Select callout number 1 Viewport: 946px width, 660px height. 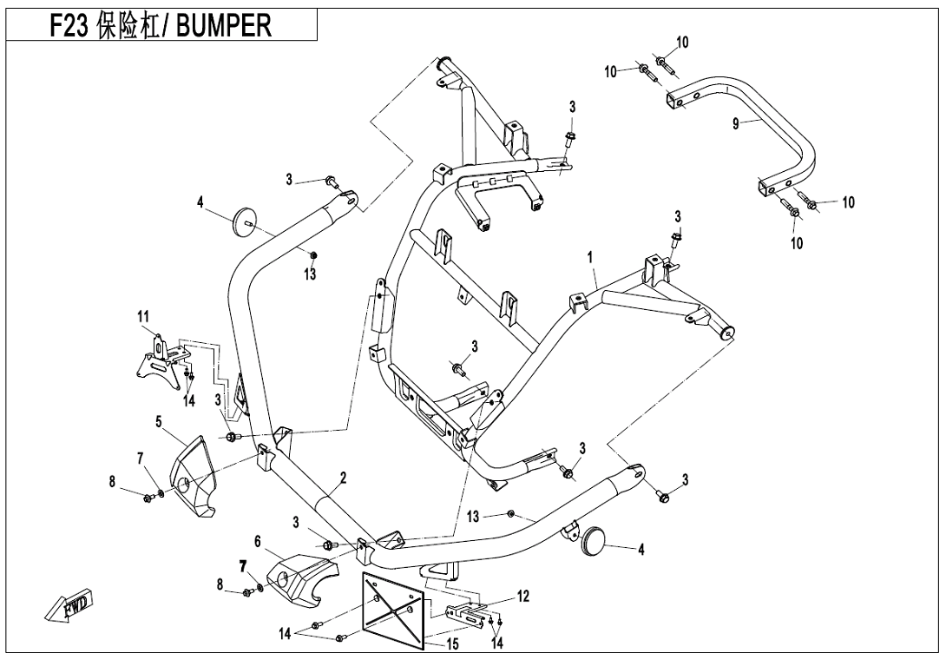[589, 258]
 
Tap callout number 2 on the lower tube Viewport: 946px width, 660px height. [343, 478]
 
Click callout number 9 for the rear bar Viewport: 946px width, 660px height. [735, 124]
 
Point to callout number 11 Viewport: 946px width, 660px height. [142, 317]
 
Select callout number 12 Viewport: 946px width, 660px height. [522, 596]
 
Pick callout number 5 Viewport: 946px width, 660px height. [159, 422]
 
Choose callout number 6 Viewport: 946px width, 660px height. [257, 540]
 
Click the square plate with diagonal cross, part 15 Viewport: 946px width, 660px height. [393, 609]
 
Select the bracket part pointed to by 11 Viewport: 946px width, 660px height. [161, 360]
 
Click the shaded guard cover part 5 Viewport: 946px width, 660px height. [194, 477]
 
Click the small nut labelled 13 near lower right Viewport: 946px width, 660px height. [511, 513]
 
